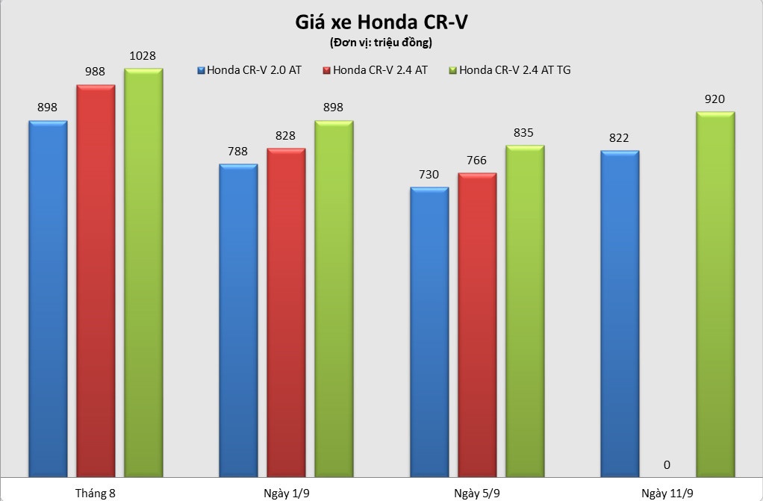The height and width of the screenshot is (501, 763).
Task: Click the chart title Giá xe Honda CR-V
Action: pos(381,22)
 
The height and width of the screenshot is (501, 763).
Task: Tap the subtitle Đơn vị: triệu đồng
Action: pos(381,43)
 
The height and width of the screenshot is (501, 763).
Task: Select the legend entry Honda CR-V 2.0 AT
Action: pos(254,70)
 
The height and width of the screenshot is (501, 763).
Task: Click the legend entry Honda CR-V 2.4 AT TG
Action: pos(514,70)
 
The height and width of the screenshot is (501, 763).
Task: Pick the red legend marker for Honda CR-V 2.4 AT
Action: pos(326,70)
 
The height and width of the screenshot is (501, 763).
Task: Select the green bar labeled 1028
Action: pos(143,273)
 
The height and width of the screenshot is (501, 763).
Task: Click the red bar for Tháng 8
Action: pos(96,280)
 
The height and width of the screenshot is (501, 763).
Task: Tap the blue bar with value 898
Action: pos(48,299)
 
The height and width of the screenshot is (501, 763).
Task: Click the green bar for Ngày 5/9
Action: pos(525,311)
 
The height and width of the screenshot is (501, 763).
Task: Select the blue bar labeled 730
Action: pos(429,332)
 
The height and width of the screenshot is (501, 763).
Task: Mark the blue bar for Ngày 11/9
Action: pos(620,314)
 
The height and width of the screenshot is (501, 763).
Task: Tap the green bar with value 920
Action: pos(715,294)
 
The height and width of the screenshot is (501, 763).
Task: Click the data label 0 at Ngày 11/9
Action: pos(667,464)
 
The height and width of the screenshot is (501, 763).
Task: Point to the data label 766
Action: pos(476,161)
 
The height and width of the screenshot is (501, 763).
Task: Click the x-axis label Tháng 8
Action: pos(96,493)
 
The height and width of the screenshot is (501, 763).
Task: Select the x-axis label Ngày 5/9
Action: pos(477,493)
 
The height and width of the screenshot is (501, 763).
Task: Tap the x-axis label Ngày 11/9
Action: pos(667,493)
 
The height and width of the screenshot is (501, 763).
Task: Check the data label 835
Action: pos(524,132)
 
